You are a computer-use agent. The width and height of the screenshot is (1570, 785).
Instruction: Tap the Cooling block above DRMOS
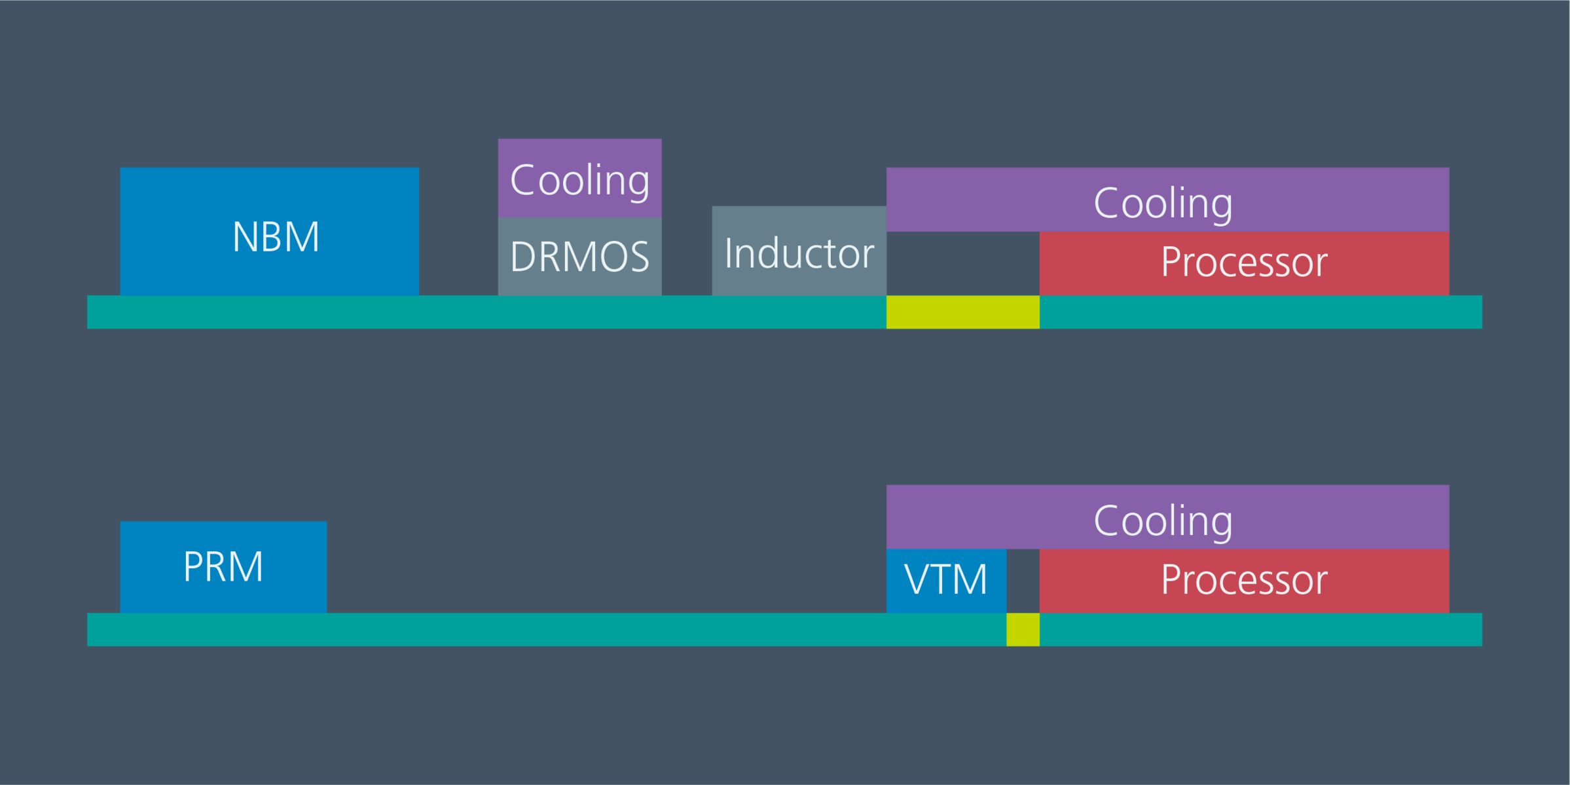point(579,178)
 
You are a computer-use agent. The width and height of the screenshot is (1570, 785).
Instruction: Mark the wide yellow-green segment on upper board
point(962,312)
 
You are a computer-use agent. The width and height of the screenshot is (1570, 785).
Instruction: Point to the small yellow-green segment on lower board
point(1023,630)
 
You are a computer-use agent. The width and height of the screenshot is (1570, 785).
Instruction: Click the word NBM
point(276,237)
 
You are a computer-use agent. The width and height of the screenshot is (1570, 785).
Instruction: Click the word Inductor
point(799,253)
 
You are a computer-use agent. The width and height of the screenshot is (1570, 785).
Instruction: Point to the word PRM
point(223,567)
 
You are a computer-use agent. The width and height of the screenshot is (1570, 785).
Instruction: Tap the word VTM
point(946,580)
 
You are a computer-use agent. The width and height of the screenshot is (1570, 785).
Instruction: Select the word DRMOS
point(579,257)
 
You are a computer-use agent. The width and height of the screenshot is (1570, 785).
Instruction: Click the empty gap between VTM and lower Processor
point(1023,581)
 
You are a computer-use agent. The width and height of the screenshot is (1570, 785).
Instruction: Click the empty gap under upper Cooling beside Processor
point(962,263)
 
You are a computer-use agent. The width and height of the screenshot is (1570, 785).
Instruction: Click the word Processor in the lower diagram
point(1244,580)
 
